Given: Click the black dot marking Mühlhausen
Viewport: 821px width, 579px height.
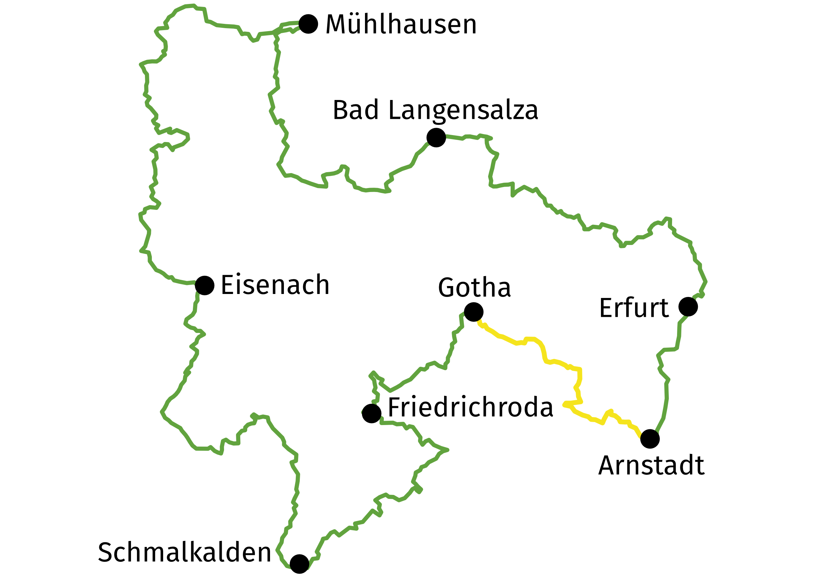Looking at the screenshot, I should pyautogui.click(x=308, y=24).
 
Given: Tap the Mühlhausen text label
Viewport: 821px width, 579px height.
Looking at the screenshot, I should pyautogui.click(x=401, y=25).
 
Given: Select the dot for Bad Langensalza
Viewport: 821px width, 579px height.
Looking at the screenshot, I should pyautogui.click(x=436, y=137).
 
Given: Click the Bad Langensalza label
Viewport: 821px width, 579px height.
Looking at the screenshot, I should pyautogui.click(x=435, y=110).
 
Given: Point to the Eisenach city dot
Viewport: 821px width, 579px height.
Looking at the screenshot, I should pyautogui.click(x=205, y=285).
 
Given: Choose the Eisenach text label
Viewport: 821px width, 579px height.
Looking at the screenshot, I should pyautogui.click(x=275, y=285).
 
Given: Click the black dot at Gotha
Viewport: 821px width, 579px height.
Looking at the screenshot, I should pyautogui.click(x=474, y=312).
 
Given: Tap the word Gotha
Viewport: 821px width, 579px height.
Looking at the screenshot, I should pyautogui.click(x=474, y=288).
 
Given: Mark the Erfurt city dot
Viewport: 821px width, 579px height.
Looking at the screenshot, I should pyautogui.click(x=688, y=307).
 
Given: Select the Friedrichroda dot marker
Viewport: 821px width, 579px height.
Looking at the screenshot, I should pyautogui.click(x=372, y=413).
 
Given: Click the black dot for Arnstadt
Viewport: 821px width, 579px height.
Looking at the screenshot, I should pyautogui.click(x=650, y=439).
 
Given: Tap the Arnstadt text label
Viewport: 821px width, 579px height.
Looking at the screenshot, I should pyautogui.click(x=651, y=466).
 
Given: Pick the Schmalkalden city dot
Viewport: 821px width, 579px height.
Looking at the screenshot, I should pyautogui.click(x=299, y=564).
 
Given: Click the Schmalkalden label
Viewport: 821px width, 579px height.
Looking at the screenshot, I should pyautogui.click(x=185, y=553).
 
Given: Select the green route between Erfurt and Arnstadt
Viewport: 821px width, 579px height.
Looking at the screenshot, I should pyautogui.click(x=666, y=393).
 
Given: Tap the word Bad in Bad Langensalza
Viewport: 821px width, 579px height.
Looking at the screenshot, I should pyautogui.click(x=355, y=110).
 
